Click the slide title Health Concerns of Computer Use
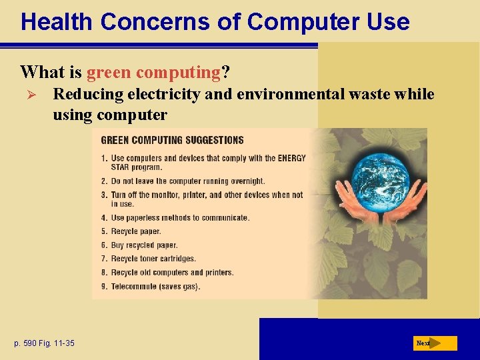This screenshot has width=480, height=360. pyautogui.click(x=215, y=21)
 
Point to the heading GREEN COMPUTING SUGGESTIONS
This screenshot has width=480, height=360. pyautogui.click(x=172, y=140)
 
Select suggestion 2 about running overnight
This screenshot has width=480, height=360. pyautogui.click(x=187, y=181)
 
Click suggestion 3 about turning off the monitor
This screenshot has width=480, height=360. pyautogui.click(x=206, y=195)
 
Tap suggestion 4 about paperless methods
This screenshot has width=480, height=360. pyautogui.click(x=180, y=218)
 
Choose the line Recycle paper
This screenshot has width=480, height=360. pyautogui.click(x=136, y=231)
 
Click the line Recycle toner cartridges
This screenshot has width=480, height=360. pyautogui.click(x=153, y=259)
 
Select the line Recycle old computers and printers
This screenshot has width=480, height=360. pyautogui.click(x=172, y=273)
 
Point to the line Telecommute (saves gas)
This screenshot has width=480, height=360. pyautogui.click(x=155, y=287)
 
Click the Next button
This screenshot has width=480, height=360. pyautogui.click(x=435, y=343)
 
